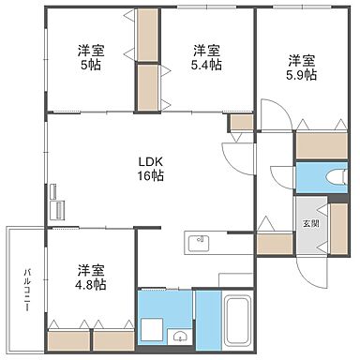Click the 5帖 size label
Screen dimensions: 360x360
point(90,66)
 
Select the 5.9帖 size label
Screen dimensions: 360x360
point(301,73)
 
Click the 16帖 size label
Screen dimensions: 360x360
point(152,174)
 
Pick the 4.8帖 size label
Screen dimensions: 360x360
point(90,280)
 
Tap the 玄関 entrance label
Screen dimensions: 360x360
point(309,224)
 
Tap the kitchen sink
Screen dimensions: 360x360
point(198,245)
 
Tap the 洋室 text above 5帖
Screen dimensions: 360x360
point(90,51)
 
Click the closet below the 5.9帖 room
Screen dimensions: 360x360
point(321,145)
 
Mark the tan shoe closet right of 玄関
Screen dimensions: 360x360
point(337,228)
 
